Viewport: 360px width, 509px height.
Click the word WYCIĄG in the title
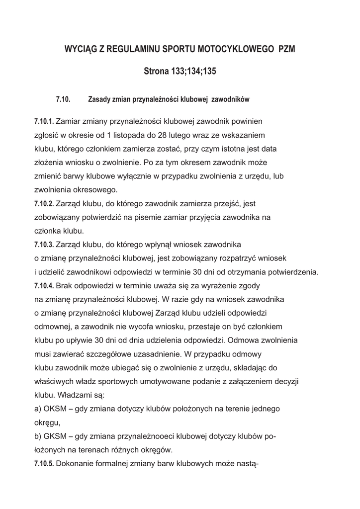[82, 50]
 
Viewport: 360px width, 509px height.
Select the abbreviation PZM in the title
[290, 50]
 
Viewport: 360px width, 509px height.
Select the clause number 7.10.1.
[44, 121]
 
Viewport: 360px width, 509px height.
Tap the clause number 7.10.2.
[44, 204]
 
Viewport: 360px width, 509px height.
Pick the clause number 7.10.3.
[44, 245]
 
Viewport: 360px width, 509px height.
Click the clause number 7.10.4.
[44, 286]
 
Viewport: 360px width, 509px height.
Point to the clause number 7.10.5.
[44, 464]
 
